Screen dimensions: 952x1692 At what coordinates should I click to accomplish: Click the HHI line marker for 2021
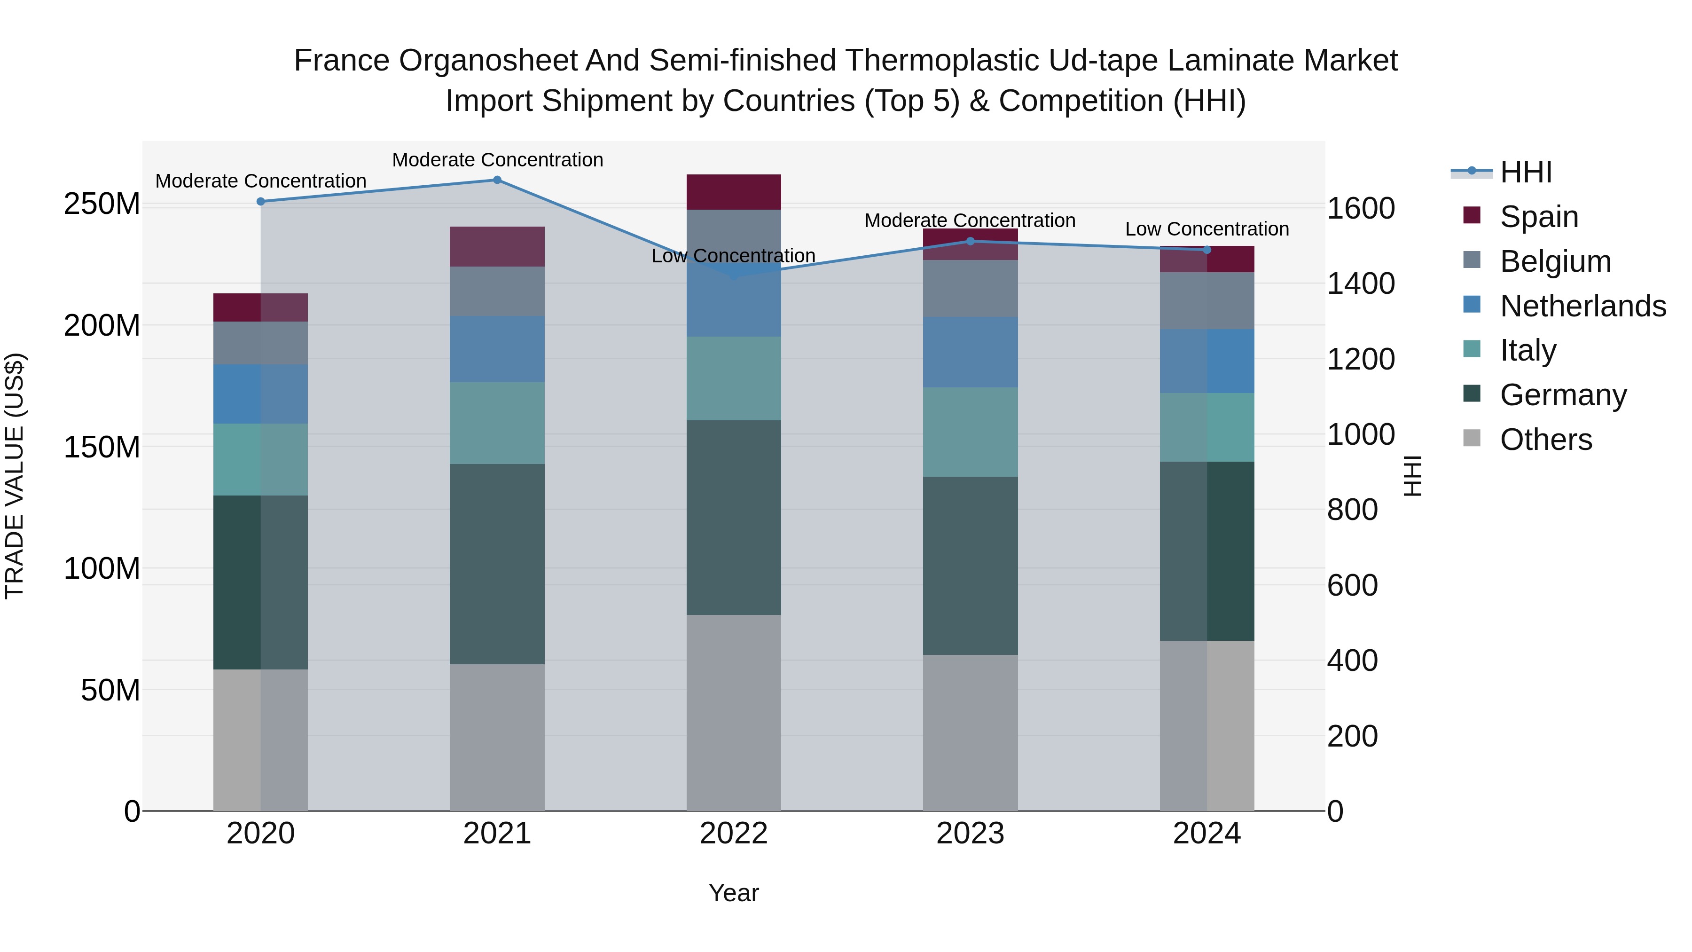tap(497, 180)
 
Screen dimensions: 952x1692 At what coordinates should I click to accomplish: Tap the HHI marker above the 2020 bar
tap(261, 202)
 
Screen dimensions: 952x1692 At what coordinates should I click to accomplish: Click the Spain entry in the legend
tap(1538, 217)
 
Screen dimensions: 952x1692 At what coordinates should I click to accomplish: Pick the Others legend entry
tap(1545, 440)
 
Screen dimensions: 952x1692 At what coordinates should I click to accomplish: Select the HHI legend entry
tap(1525, 172)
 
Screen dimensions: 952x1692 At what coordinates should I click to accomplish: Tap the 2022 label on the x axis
tap(734, 834)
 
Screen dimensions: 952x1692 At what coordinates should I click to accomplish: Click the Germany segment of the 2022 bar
tap(734, 518)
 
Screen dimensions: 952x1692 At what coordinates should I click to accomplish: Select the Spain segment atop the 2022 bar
tap(734, 192)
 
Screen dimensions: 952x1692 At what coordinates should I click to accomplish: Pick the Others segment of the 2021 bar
tap(497, 737)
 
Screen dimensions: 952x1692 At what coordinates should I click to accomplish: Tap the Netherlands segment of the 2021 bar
tap(497, 349)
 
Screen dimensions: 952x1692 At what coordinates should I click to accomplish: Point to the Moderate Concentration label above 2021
tap(497, 160)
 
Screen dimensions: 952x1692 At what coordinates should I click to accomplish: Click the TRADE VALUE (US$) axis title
tap(15, 476)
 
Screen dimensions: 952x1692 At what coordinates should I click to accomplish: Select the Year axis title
tap(734, 893)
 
